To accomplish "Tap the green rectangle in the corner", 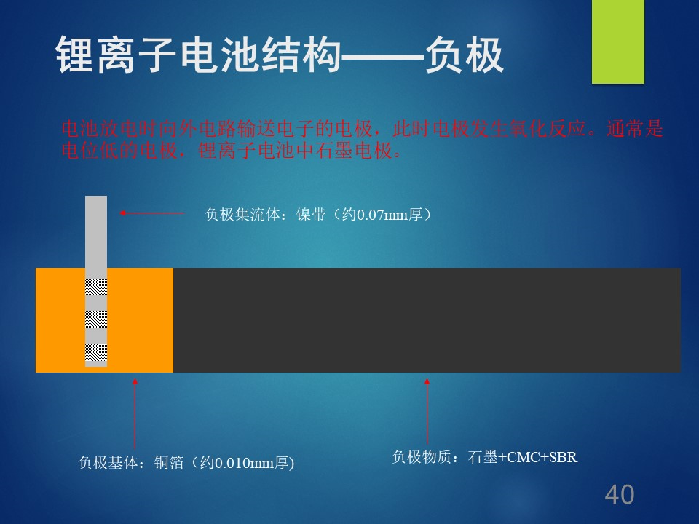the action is [618, 41].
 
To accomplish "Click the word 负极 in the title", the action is [464, 55].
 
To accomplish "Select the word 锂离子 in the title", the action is [116, 55].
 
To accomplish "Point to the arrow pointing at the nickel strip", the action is [151, 213].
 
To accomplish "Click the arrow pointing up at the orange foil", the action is [135, 413].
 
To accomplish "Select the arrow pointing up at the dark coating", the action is [427, 411].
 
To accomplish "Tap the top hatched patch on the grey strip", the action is [96, 287].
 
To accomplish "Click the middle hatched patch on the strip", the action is [96, 319].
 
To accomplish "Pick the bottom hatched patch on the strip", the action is [96, 352].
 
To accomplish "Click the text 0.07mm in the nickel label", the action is [382, 215].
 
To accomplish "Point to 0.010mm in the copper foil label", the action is [244, 464].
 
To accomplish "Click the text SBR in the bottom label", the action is [563, 458].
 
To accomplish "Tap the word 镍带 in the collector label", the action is [311, 215].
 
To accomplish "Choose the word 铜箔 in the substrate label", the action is [169, 463].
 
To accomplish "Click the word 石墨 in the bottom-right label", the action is [482, 457].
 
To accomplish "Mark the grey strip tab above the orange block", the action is [96, 231].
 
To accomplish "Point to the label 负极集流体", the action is [242, 215].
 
